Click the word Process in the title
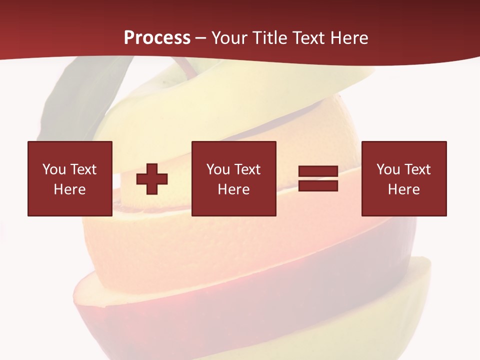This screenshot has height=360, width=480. tap(157, 38)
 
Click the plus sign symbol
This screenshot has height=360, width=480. tap(152, 179)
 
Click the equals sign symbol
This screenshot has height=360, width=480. tap(318, 179)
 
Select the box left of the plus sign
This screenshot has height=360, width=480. tap(70, 178)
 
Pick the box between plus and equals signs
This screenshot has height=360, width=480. tap(233, 178)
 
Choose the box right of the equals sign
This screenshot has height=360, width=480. tap(404, 178)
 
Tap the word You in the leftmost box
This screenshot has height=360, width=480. tap(54, 169)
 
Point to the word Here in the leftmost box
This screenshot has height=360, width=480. tap(70, 189)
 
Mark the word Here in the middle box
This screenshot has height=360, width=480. tap(233, 189)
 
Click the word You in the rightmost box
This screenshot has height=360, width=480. tap(388, 169)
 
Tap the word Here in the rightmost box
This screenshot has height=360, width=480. tap(404, 189)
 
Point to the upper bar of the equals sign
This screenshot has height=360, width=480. tap(318, 171)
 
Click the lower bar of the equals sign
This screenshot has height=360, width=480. tap(318, 186)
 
